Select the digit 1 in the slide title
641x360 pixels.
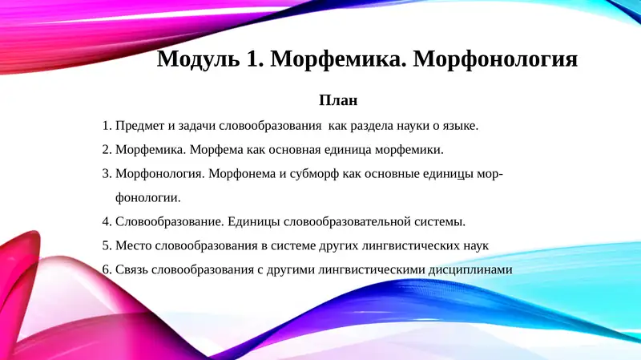[247, 60]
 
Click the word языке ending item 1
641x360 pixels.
[457, 126]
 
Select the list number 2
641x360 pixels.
[107, 149]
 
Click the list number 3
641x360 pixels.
[107, 173]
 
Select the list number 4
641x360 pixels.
[107, 221]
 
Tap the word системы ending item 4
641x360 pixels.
[439, 221]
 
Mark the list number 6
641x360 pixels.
[107, 269]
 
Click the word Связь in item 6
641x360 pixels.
[133, 269]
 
